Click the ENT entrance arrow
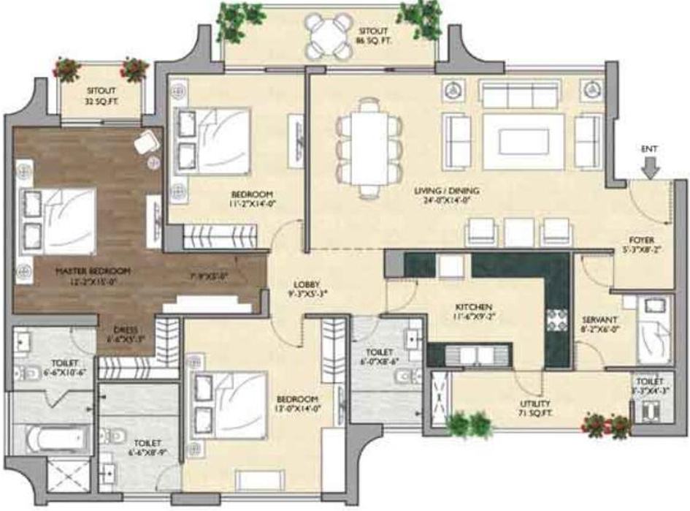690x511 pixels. [x=650, y=167]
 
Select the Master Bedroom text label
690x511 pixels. [x=93, y=275]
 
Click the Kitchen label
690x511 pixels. [x=472, y=310]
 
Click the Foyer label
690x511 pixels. [x=642, y=243]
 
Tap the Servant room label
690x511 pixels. [x=600, y=324]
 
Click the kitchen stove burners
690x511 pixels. [x=557, y=320]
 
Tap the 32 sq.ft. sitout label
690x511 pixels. [x=101, y=99]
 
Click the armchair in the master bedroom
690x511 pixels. [x=146, y=140]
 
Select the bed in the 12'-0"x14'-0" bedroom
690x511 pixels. [x=227, y=404]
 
